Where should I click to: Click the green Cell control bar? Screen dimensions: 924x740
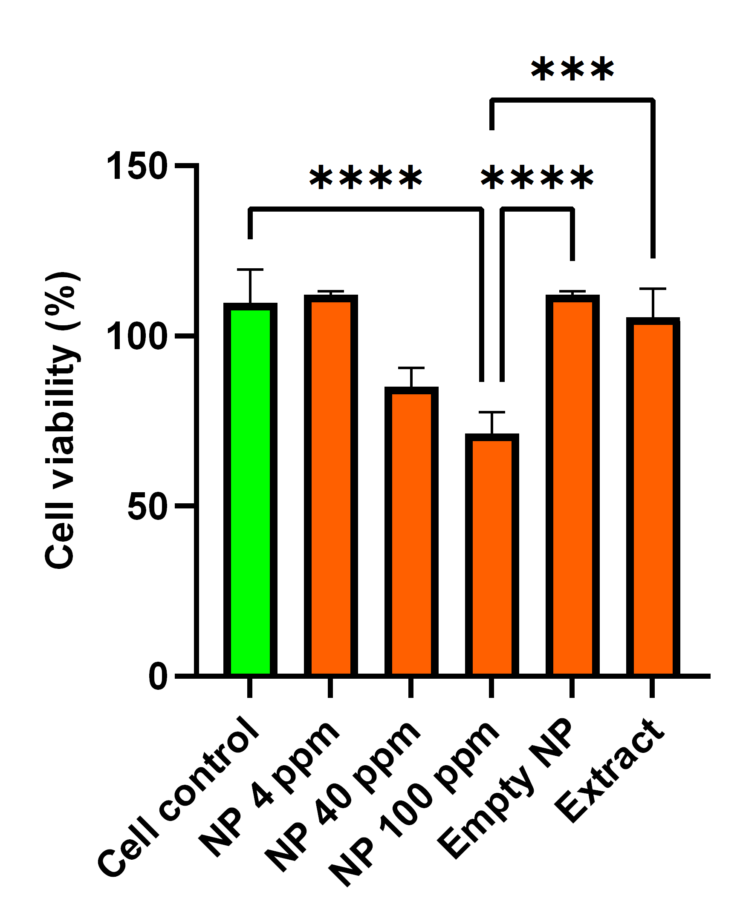[x=250, y=488]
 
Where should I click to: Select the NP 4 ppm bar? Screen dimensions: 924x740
[x=331, y=484]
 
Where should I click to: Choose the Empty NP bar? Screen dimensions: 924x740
[x=572, y=484]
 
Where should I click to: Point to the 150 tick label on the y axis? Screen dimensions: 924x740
[x=136, y=166]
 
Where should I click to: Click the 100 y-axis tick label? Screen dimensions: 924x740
[x=136, y=336]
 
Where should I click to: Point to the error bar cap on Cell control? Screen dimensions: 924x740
[x=250, y=270]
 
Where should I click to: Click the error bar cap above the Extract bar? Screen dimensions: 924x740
[x=653, y=289]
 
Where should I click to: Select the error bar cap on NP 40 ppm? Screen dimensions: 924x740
[x=411, y=368]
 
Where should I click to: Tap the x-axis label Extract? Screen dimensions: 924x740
[x=609, y=772]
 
